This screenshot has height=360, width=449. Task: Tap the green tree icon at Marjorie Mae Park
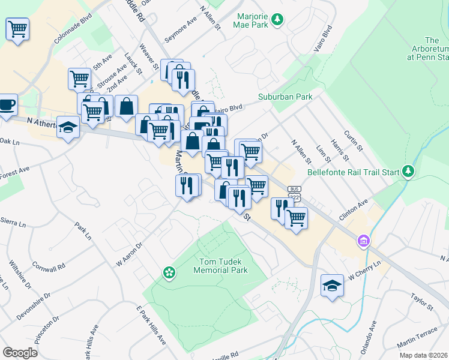click(277, 20)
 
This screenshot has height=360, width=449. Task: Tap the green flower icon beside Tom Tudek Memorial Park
click(170, 273)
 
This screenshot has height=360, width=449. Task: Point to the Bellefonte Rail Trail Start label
click(353, 172)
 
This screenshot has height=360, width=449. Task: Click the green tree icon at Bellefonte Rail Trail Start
click(408, 172)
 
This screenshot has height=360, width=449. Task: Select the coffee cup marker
click(7, 104)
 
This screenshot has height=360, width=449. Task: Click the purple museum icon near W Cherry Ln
click(363, 242)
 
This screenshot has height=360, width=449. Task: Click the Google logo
click(20, 352)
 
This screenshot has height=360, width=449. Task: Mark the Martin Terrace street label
click(417, 344)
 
